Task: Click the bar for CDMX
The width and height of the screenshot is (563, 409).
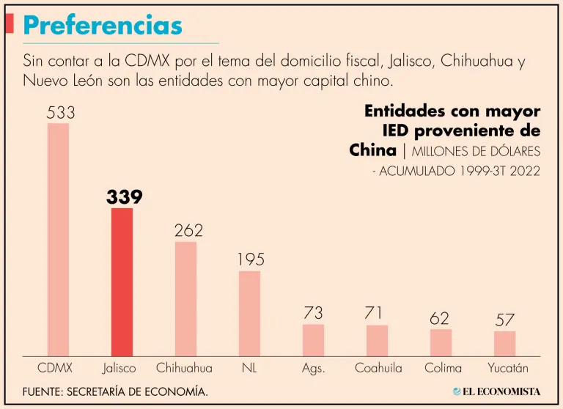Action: [x=59, y=239]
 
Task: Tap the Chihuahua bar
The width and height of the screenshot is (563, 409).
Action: [x=185, y=298]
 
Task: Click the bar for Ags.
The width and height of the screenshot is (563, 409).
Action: [x=313, y=340]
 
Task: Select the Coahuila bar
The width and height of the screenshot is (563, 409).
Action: [x=377, y=341]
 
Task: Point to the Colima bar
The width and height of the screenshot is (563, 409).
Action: [x=441, y=342]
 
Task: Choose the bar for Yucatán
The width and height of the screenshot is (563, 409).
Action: [x=504, y=344]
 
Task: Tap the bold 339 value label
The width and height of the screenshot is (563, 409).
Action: [x=124, y=196]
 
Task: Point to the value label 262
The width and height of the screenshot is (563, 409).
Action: [x=188, y=231]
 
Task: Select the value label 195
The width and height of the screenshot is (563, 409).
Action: [x=251, y=259]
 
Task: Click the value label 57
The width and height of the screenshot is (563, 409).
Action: [x=504, y=320]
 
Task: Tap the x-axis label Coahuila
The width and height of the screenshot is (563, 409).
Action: [x=378, y=368]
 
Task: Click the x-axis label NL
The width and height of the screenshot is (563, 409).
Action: [x=249, y=368]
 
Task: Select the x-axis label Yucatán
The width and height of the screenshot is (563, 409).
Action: [x=508, y=368]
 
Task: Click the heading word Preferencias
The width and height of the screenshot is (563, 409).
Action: [x=102, y=26]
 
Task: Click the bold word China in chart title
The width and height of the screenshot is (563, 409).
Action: [x=373, y=150]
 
